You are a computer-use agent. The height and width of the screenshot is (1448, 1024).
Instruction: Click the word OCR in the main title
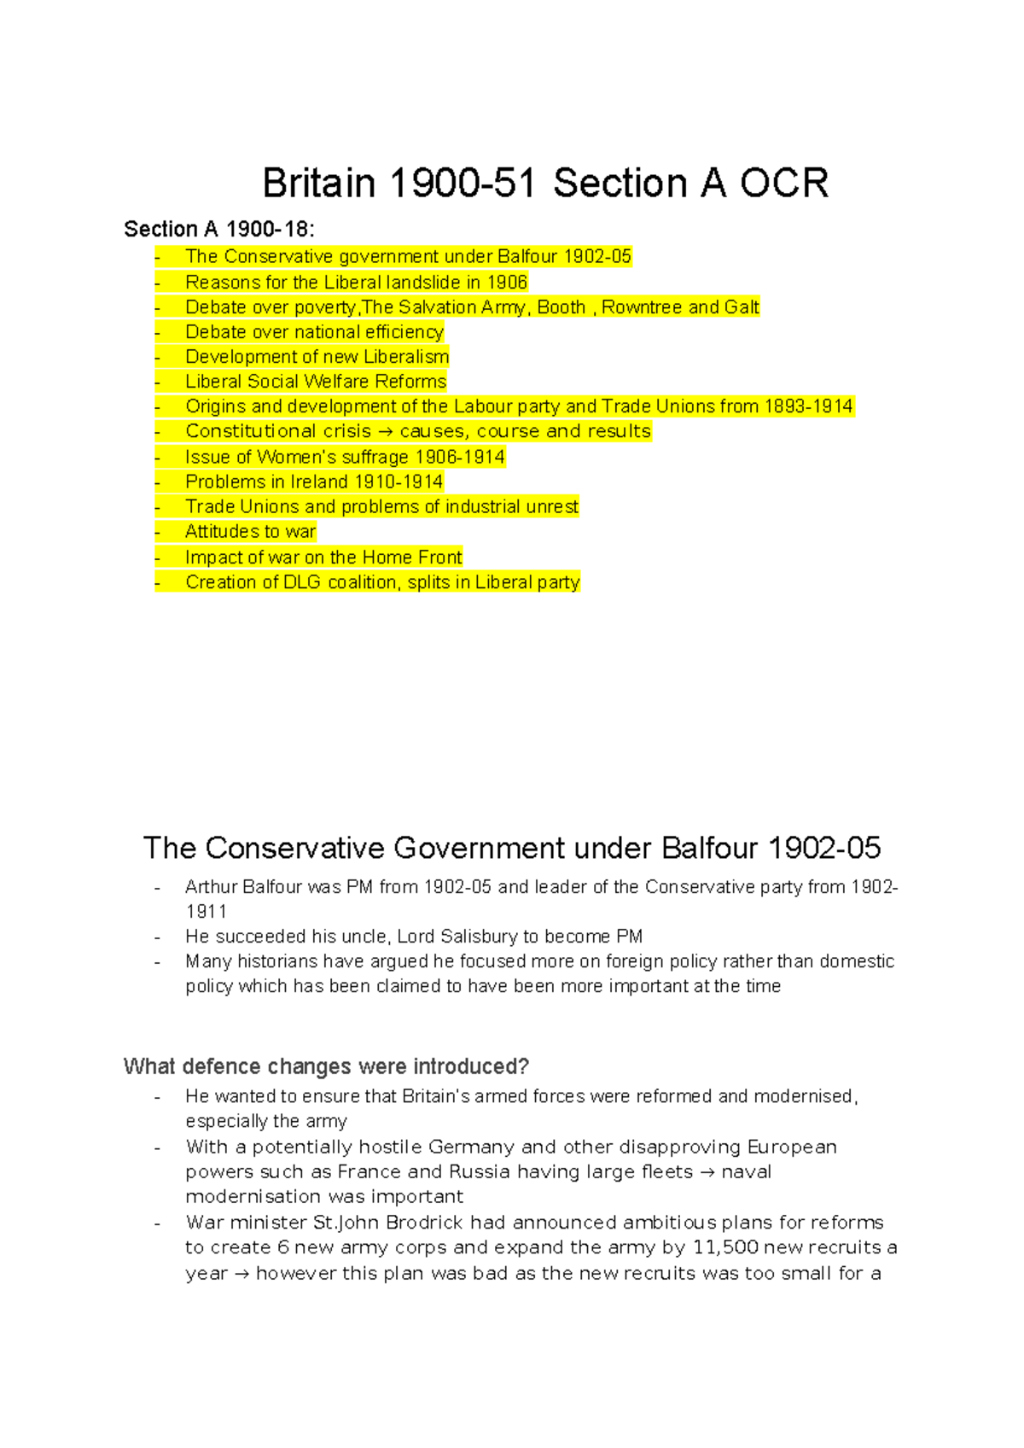coord(783,184)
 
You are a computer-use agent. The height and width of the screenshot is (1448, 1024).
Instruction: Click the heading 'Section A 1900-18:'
coord(219,229)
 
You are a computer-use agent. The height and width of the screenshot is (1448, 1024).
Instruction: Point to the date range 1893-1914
coord(808,406)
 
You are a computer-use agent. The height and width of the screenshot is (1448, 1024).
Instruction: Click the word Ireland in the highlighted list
coord(319,482)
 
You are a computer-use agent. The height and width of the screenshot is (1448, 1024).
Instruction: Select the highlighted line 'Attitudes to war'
coord(250,532)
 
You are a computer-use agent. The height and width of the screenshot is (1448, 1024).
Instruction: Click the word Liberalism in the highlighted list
coord(406,357)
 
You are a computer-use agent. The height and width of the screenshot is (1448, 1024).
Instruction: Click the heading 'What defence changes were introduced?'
coord(326,1066)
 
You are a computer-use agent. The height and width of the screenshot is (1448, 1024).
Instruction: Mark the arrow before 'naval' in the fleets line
coord(707,1172)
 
